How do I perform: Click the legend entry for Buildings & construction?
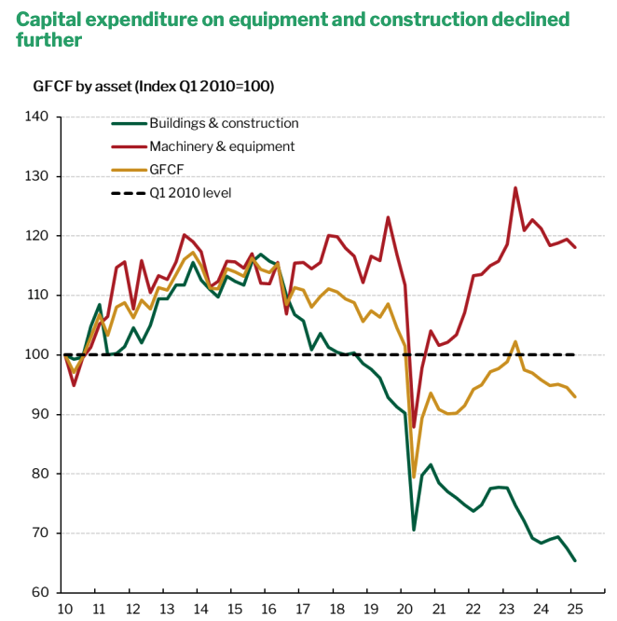[x=224, y=123]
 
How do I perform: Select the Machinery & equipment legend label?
[x=222, y=146]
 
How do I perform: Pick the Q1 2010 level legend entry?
[x=190, y=193]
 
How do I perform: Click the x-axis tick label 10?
[x=65, y=609]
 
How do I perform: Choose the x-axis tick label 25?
[x=574, y=609]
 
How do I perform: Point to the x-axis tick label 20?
[x=404, y=609]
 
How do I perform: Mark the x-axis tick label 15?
[x=235, y=609]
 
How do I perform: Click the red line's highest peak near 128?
[x=515, y=187]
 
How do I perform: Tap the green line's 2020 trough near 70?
[x=414, y=530]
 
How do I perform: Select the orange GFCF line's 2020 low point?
[x=414, y=477]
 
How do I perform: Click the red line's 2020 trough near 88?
[x=414, y=426]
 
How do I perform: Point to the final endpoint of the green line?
[x=574, y=560]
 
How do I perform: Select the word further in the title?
[x=49, y=41]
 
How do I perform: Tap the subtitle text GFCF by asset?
[x=81, y=87]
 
